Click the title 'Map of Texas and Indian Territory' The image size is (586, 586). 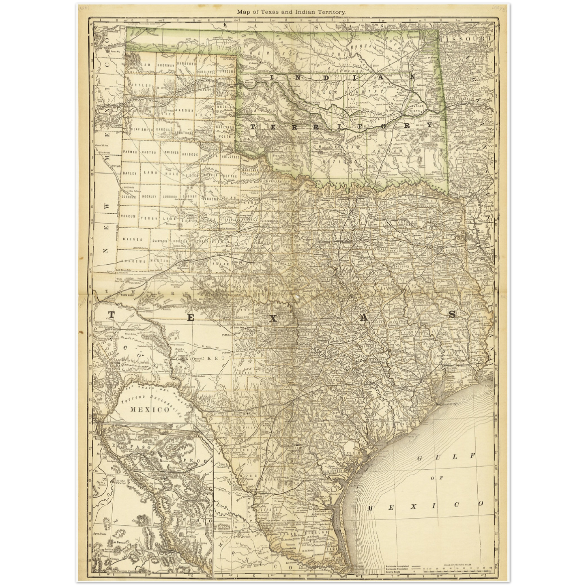pyautogui.click(x=292, y=12)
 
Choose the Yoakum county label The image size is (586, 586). pyautogui.click(x=131, y=217)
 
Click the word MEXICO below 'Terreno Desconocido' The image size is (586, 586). pyautogui.click(x=150, y=410)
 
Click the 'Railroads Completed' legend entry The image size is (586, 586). pyautogui.click(x=397, y=565)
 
